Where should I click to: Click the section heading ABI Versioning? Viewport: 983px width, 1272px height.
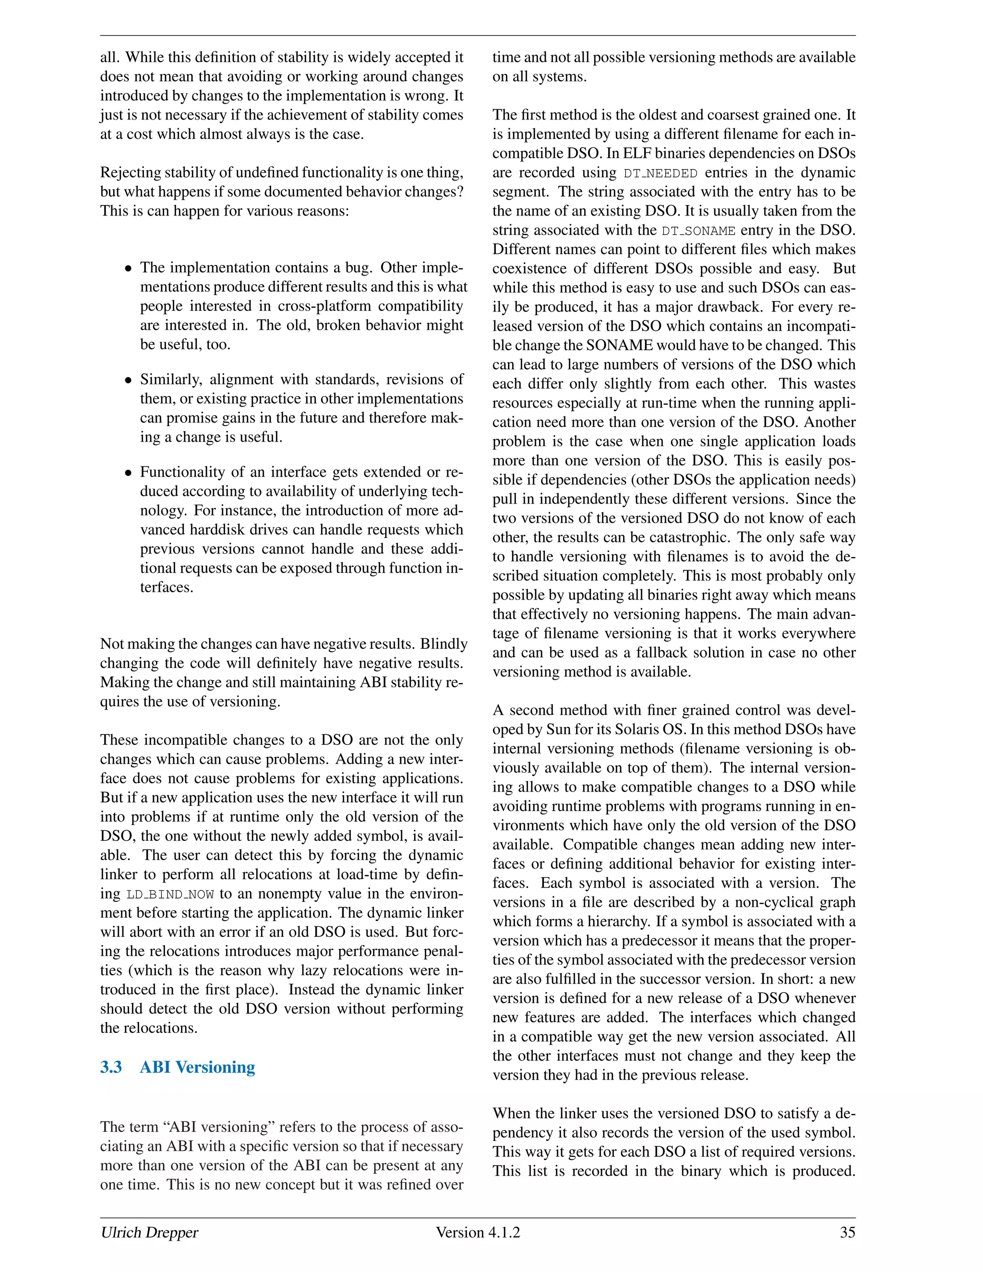tap(197, 1067)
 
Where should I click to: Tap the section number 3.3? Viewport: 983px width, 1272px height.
tap(111, 1067)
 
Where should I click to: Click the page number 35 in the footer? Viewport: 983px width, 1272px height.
tap(847, 1232)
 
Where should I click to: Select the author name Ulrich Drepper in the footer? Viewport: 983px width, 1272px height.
tap(149, 1232)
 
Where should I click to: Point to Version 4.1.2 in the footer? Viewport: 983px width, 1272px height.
tap(478, 1232)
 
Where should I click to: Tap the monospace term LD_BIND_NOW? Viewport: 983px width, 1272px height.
tap(170, 895)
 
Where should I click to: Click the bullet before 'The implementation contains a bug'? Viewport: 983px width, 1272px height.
tap(129, 268)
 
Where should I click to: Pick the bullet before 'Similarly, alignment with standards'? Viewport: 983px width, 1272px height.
tap(129, 380)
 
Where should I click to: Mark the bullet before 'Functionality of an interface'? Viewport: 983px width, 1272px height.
tap(129, 473)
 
